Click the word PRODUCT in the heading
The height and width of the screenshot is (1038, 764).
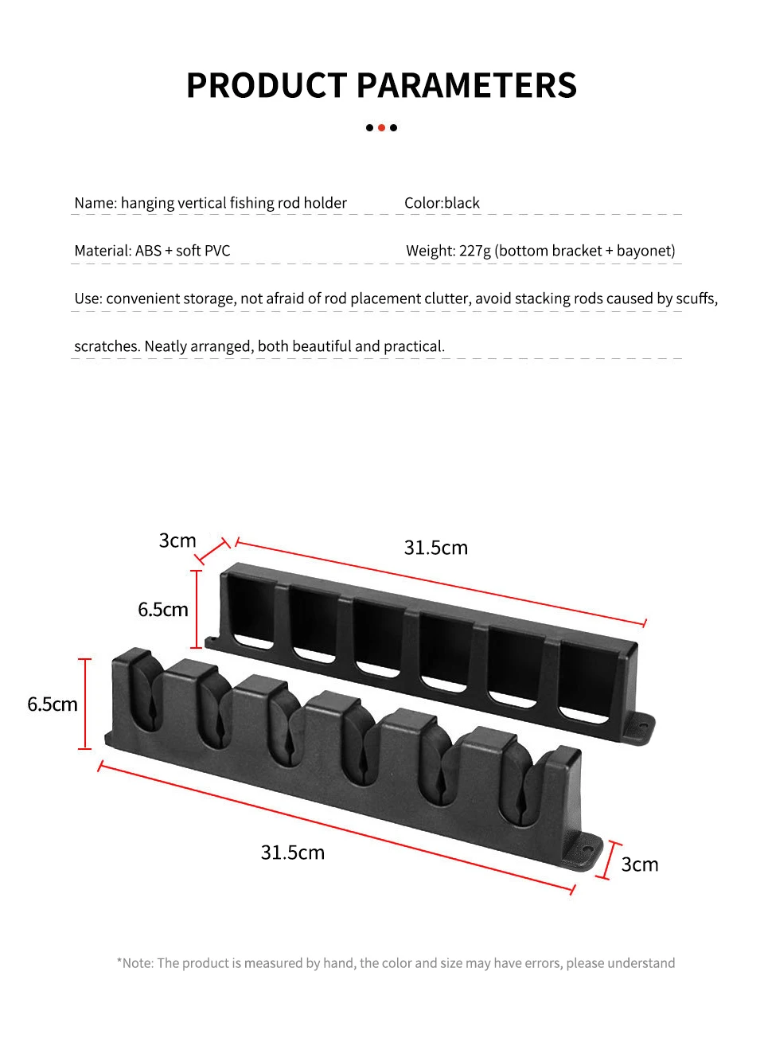(267, 86)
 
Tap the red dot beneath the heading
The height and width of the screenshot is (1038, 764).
(381, 127)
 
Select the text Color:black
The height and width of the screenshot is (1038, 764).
(442, 203)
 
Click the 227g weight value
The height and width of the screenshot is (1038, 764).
(475, 251)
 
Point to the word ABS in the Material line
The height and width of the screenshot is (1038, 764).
(148, 251)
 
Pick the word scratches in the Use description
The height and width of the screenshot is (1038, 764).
(107, 346)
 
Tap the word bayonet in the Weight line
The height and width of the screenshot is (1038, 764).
(644, 251)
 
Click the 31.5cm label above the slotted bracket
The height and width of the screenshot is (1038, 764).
(436, 548)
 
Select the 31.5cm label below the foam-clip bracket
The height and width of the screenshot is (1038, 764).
(293, 853)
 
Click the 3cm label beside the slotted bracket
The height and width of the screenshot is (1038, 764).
(177, 540)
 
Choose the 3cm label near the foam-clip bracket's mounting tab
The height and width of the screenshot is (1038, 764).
(640, 864)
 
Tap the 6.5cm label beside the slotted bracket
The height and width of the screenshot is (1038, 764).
(163, 610)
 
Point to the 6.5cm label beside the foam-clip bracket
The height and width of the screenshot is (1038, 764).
(53, 704)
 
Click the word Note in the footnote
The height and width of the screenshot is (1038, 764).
(138, 963)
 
